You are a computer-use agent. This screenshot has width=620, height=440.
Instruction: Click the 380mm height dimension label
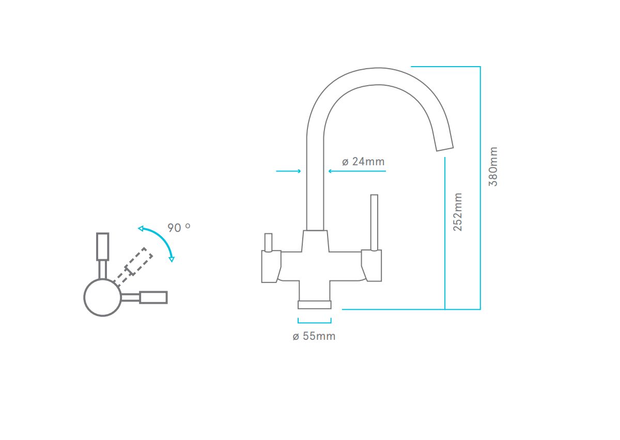(493, 167)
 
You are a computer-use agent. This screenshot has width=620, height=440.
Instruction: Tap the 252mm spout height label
(458, 212)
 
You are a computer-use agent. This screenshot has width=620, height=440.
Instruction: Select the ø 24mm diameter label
(363, 162)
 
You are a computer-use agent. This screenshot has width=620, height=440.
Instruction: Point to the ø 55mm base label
(314, 336)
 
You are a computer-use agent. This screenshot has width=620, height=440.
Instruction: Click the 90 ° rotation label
(179, 227)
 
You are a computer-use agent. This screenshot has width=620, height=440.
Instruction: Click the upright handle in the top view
(102, 255)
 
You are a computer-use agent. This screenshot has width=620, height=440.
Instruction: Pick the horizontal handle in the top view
(144, 297)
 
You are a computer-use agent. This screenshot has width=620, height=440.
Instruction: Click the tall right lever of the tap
(374, 223)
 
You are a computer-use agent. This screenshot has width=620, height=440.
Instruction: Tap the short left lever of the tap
(268, 243)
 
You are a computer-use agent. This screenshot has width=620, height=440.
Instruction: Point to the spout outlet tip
(445, 149)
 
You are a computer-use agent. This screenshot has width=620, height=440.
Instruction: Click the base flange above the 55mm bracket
(315, 305)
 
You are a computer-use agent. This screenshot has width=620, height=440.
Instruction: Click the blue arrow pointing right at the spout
(288, 171)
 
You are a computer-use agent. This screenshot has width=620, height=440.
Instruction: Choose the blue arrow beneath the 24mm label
(357, 171)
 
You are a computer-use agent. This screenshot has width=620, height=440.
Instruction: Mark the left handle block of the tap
(271, 266)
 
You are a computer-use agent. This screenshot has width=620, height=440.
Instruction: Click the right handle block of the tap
(371, 265)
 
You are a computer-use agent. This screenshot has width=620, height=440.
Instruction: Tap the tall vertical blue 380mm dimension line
(480, 187)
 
